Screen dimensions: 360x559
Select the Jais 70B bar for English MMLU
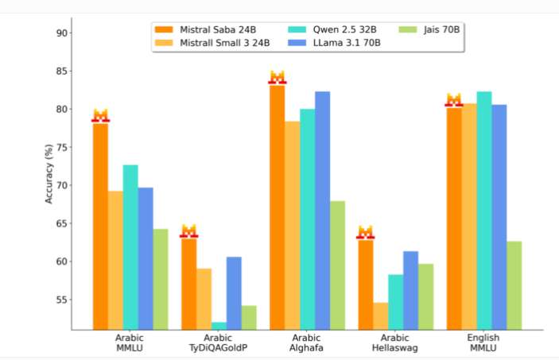click(x=514, y=285)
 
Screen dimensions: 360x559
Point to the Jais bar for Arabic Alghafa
click(x=337, y=265)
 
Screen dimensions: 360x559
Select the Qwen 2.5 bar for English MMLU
click(x=483, y=211)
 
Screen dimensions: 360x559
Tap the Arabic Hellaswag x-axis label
click(x=395, y=343)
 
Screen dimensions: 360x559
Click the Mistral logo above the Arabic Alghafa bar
click(x=277, y=77)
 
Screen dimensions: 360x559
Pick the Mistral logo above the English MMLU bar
click(x=453, y=99)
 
